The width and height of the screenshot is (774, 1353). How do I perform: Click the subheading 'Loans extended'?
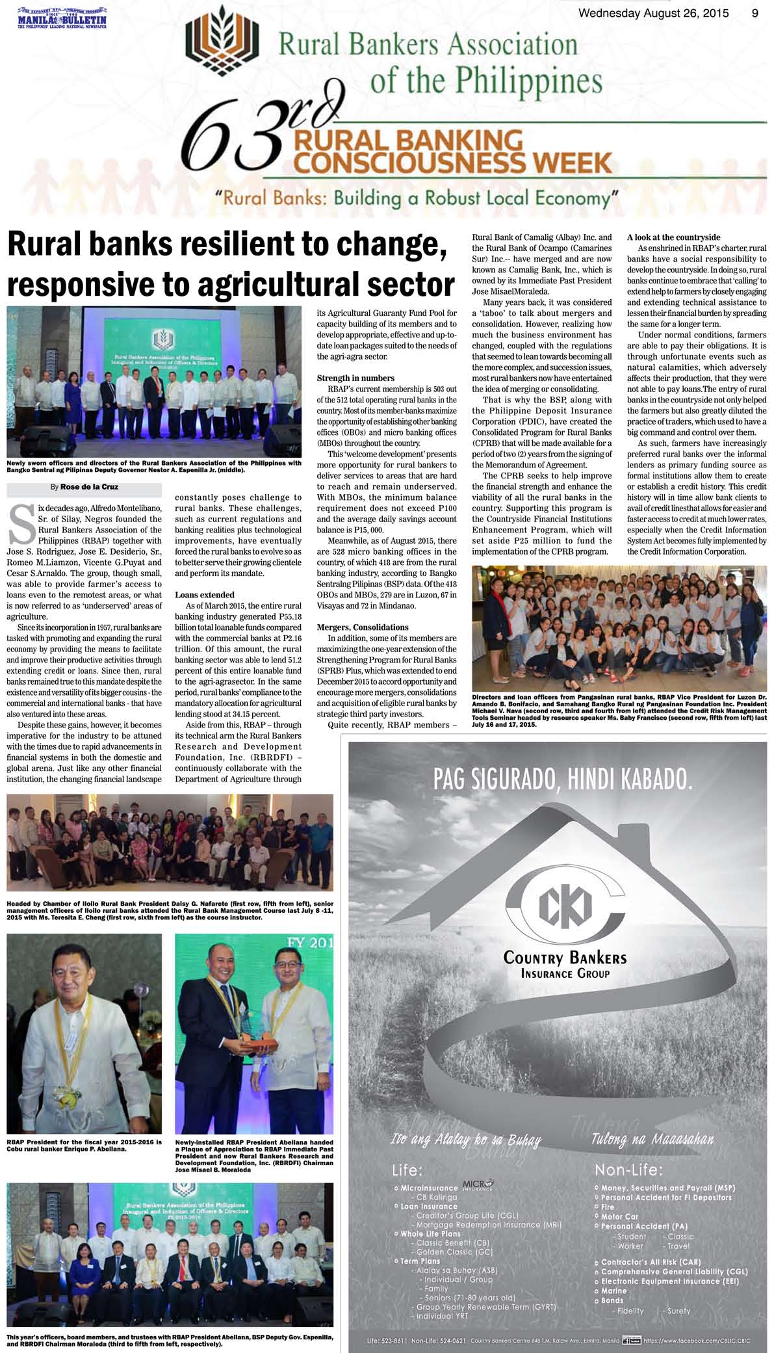point(205,594)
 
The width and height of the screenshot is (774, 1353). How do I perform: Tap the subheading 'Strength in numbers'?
point(355,378)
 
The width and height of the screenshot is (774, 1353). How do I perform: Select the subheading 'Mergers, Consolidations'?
point(363,627)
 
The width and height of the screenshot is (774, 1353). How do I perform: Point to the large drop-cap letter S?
point(22,525)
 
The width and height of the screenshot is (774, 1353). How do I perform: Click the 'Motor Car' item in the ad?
point(619,1216)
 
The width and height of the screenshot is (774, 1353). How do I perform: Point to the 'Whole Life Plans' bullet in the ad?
point(431,1233)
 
